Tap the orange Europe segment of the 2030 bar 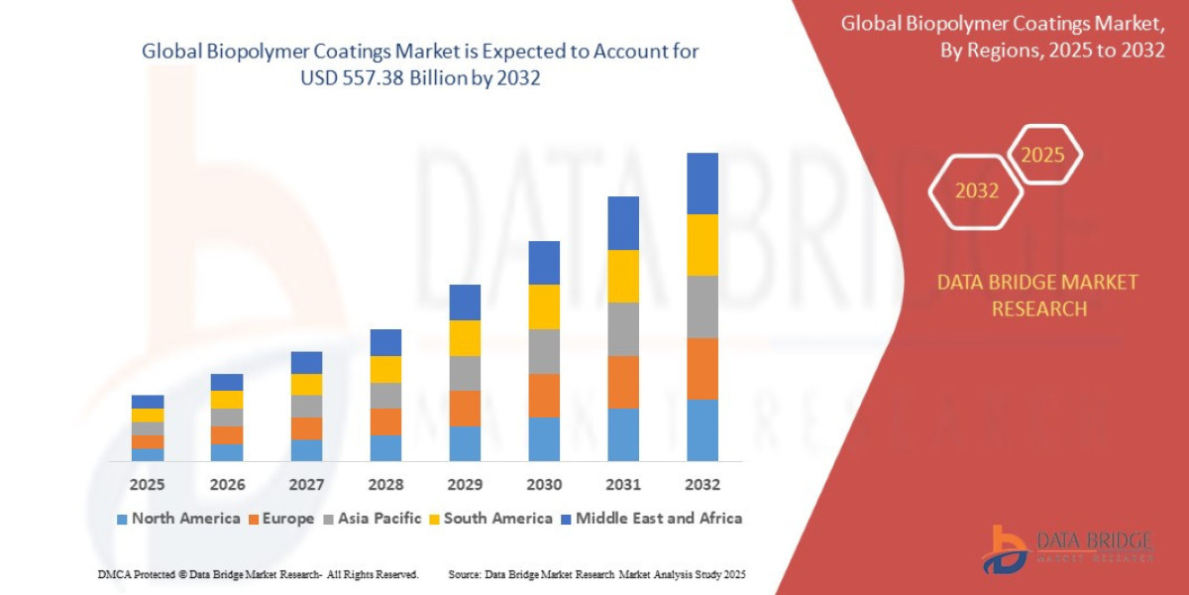click(x=544, y=395)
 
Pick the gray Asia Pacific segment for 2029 click(x=465, y=373)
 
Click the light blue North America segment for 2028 click(x=385, y=448)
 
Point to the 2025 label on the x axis click(x=147, y=485)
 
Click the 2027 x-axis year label click(x=306, y=485)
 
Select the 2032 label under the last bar click(x=702, y=485)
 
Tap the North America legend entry click(x=178, y=518)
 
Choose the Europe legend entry click(x=281, y=518)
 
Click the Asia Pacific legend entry click(x=372, y=518)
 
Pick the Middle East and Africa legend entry click(x=651, y=518)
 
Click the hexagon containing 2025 click(x=1043, y=155)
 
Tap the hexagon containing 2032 click(x=976, y=191)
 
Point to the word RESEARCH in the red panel click(x=1038, y=308)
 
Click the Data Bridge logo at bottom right click(x=1069, y=547)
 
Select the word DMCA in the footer click(x=115, y=574)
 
